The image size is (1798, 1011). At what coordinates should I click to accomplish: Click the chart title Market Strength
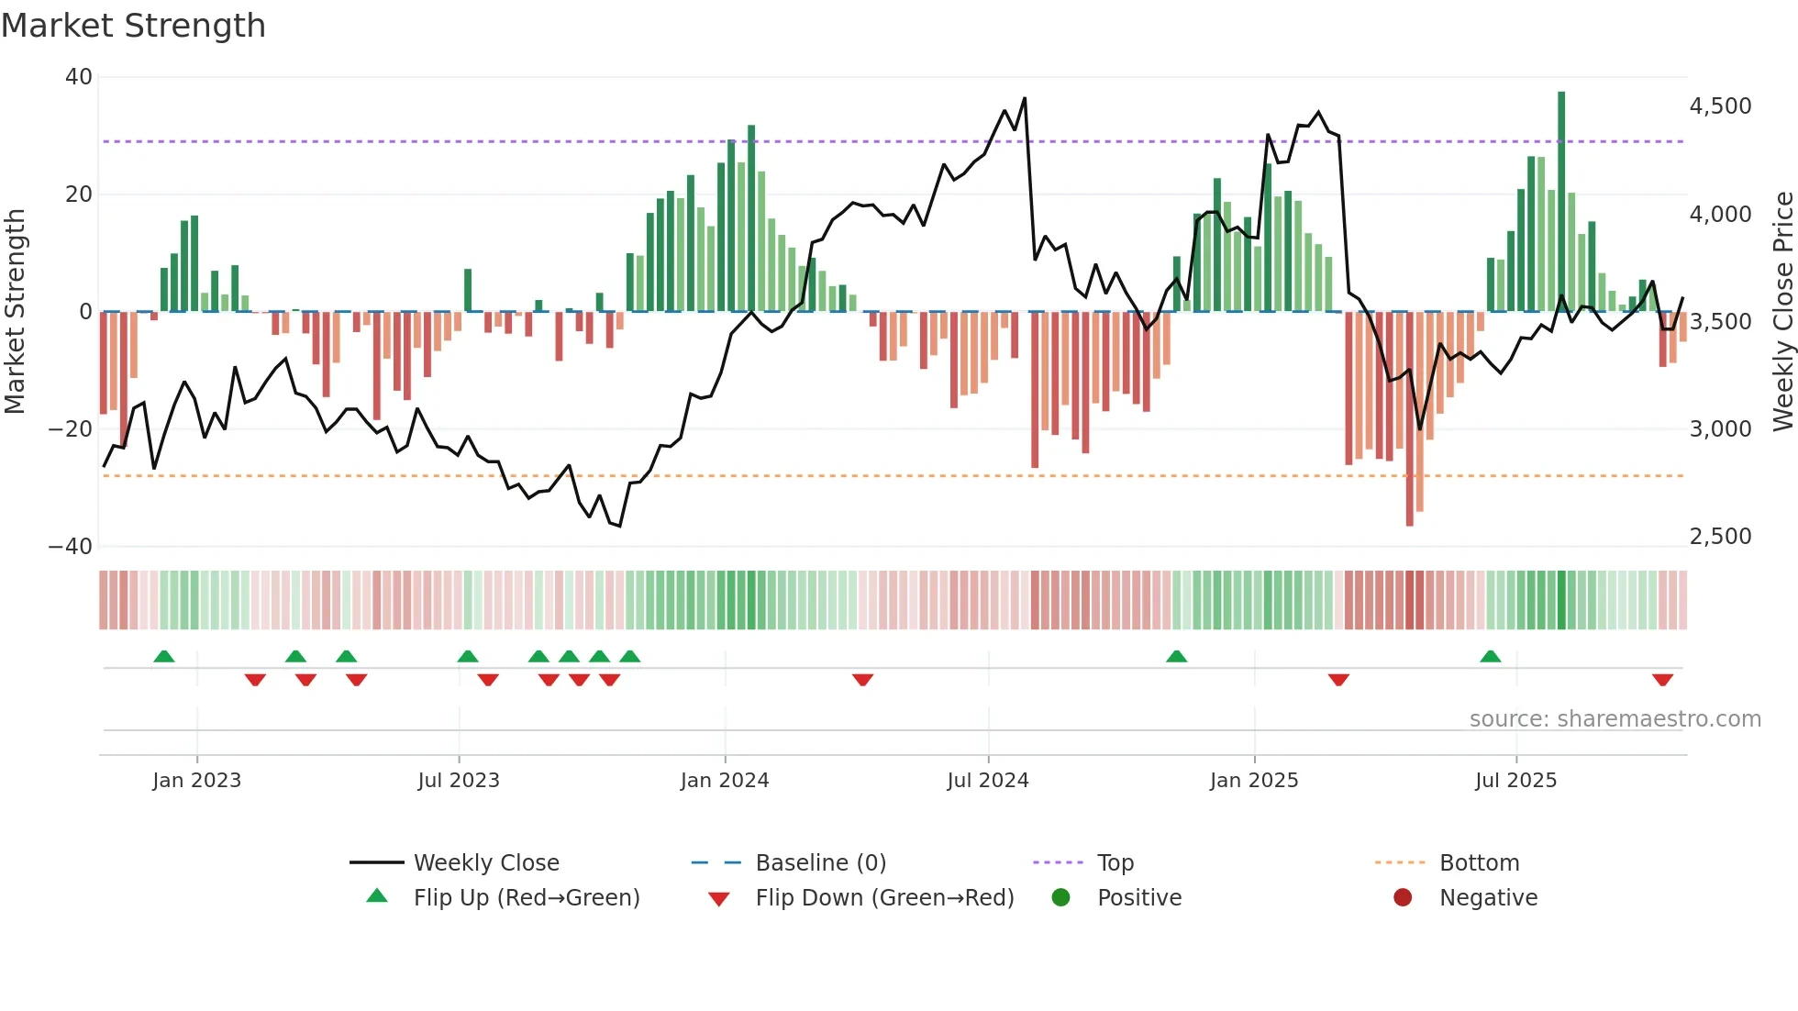point(134,26)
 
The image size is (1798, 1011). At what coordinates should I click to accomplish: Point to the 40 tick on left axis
point(79,77)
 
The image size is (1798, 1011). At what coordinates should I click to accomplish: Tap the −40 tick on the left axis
point(72,547)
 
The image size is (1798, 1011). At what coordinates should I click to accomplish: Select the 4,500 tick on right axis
point(1720,106)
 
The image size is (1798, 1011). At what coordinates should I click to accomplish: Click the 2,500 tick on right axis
point(1720,537)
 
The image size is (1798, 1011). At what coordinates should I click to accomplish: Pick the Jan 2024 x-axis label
point(724,781)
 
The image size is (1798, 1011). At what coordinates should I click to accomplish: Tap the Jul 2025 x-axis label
point(1515,781)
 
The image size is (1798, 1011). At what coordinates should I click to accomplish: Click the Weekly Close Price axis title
point(1782,312)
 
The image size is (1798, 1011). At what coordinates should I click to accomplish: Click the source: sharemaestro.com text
point(1615,719)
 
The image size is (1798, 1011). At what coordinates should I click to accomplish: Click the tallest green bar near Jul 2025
point(1561,202)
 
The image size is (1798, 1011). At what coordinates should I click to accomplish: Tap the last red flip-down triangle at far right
point(1662,680)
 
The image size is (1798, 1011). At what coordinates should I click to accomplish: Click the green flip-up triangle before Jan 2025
point(1176,656)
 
